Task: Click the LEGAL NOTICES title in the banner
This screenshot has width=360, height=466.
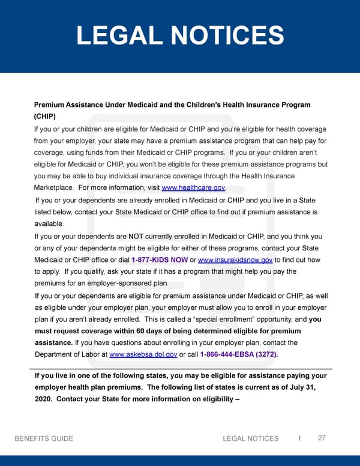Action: [x=180, y=35]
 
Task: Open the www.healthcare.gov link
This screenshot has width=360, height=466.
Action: [x=193, y=188]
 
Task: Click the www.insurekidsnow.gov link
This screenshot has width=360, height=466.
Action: [x=235, y=259]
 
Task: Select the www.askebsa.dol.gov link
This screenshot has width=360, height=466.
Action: [x=143, y=354]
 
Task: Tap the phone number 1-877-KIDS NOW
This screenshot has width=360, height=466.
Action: [x=159, y=259]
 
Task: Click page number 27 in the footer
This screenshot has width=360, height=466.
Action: [x=322, y=438]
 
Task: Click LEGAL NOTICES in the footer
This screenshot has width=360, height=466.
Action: [x=250, y=438]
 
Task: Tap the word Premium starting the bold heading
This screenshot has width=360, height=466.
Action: [x=50, y=105]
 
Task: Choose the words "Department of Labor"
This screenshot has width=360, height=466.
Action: [x=67, y=354]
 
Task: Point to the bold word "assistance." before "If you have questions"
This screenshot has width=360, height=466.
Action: [x=54, y=343]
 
